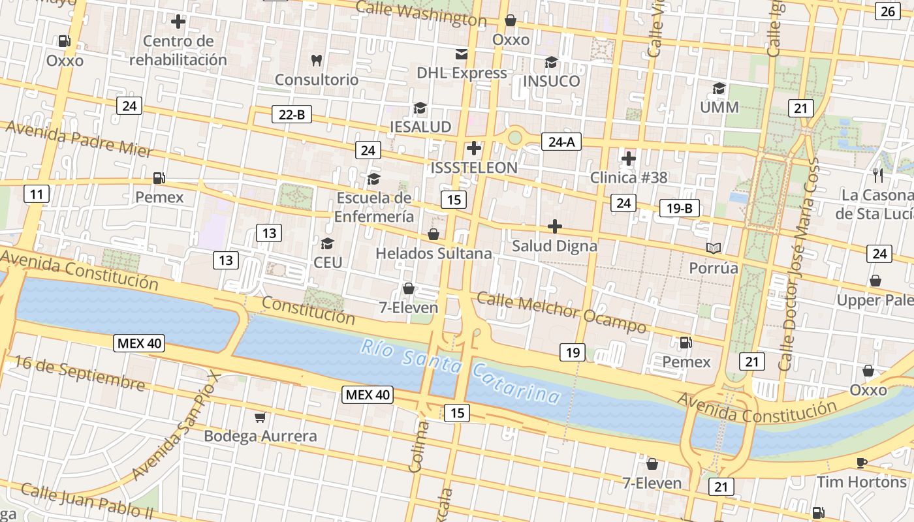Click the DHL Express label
coord(462,73)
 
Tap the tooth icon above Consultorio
coord(317,61)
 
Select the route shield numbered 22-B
coord(291,115)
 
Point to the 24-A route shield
coord(561,142)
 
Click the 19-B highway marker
coord(679,208)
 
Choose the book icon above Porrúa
coord(714,249)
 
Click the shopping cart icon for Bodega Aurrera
coord(260,417)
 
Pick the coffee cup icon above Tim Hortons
coord(861,463)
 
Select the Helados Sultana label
coord(433,253)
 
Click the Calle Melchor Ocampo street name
coord(561,312)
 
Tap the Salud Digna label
coord(554,246)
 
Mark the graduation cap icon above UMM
coord(719,88)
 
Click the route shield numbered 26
coord(888,11)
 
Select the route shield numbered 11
coord(37,194)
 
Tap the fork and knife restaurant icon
coord(878,176)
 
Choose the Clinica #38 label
coord(629,177)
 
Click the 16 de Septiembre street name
coord(79,373)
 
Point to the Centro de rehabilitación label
coord(178,50)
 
